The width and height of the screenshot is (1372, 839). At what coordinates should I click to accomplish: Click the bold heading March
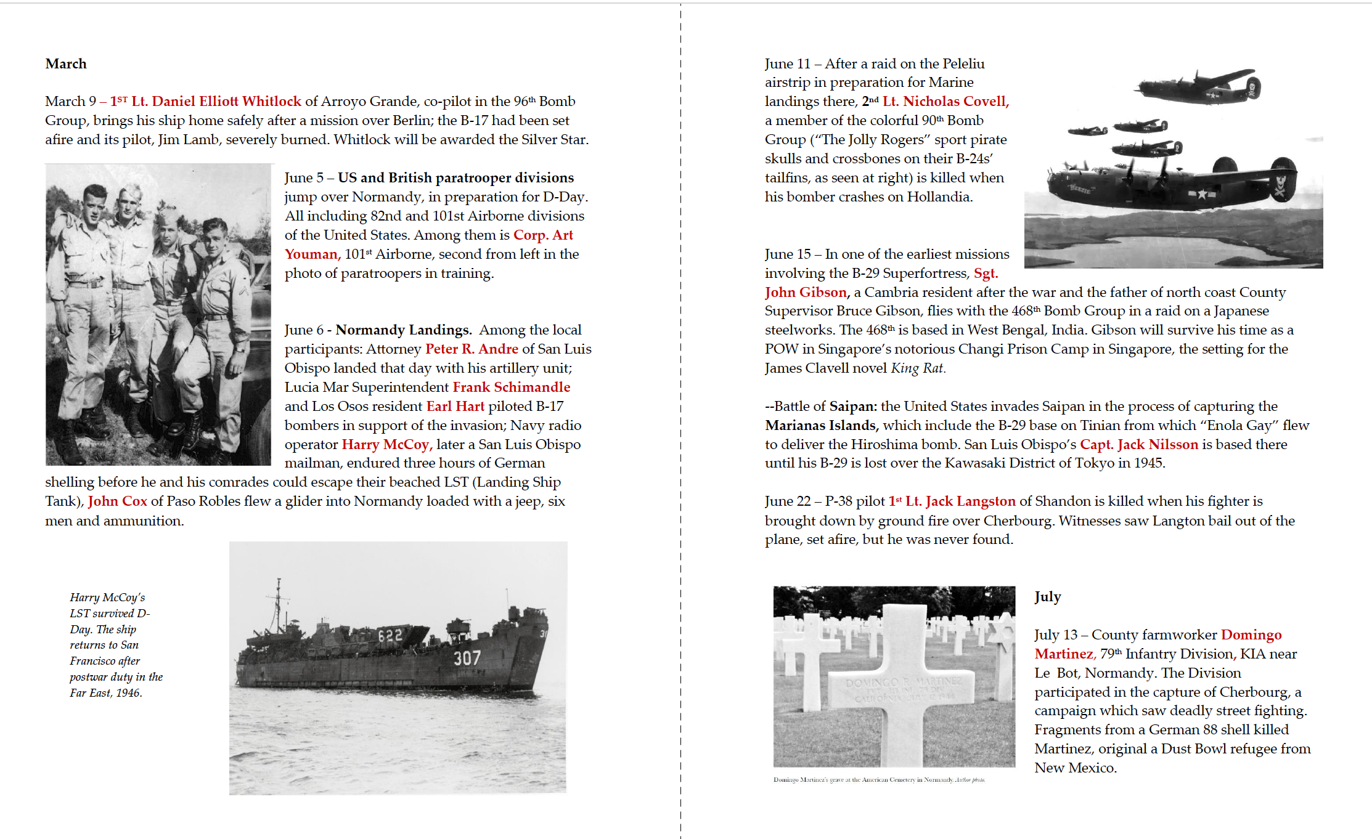tap(66, 64)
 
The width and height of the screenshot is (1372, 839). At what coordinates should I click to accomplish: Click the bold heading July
tap(1047, 597)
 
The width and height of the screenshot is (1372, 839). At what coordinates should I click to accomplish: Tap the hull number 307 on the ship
tap(467, 659)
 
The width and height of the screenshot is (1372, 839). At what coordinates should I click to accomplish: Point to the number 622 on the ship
tap(390, 636)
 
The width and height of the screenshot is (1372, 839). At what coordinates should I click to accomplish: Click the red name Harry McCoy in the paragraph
tap(386, 445)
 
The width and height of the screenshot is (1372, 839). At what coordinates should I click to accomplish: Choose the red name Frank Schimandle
tap(511, 387)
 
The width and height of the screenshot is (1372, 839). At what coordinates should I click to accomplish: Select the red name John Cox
tap(117, 501)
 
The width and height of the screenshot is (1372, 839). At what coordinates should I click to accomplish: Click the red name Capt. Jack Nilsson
tap(1138, 445)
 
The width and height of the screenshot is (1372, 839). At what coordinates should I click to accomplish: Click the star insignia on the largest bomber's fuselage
tap(1201, 195)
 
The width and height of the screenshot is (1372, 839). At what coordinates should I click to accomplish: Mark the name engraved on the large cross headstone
tap(904, 683)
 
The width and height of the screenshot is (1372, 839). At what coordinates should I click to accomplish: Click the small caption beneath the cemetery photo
tap(879, 780)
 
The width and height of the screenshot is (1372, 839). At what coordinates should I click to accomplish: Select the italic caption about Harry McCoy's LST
tap(115, 645)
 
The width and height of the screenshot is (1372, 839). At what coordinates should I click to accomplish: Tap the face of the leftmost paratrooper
tap(94, 205)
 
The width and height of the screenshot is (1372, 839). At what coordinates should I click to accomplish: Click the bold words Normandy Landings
tap(403, 330)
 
